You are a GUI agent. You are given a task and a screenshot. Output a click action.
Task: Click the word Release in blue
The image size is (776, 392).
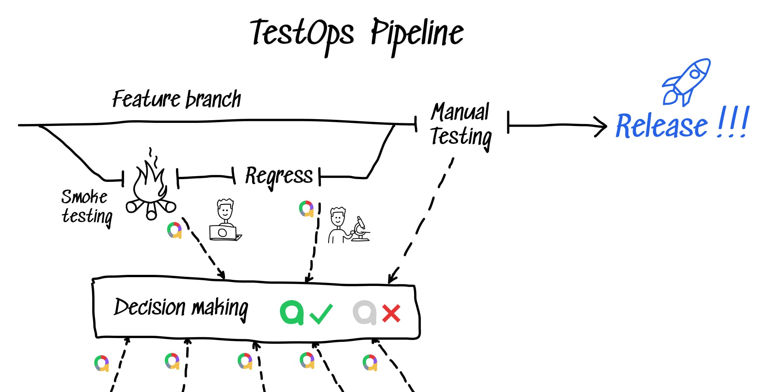(x=661, y=126)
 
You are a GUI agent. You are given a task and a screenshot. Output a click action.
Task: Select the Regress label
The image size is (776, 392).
(x=279, y=176)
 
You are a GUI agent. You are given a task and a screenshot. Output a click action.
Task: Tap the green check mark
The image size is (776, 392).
(x=321, y=314)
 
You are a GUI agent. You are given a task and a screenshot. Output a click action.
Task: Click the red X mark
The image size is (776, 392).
(x=391, y=314)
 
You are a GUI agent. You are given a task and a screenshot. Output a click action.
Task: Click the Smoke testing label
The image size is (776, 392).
(x=87, y=207)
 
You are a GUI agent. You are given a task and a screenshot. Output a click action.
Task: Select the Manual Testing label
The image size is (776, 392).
(x=460, y=124)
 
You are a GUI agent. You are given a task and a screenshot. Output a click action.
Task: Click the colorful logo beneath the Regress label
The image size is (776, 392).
(x=306, y=209)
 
